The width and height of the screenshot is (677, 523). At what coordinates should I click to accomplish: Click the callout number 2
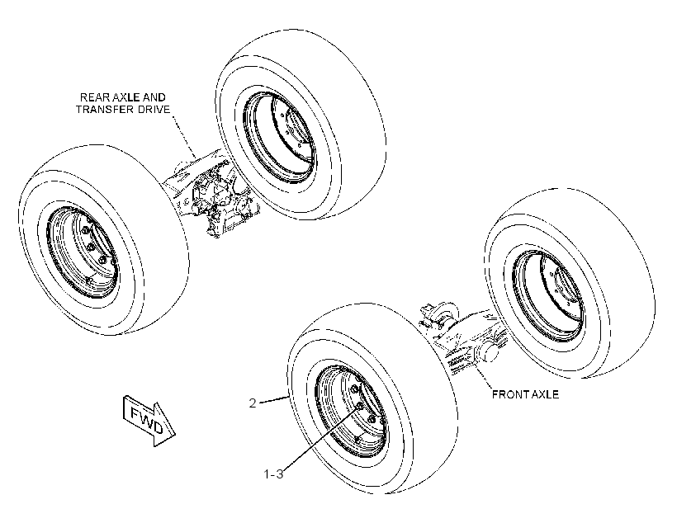[x=253, y=403]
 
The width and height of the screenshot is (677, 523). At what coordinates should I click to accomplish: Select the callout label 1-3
[x=273, y=474]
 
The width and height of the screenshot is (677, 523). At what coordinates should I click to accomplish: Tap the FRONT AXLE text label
[x=525, y=394]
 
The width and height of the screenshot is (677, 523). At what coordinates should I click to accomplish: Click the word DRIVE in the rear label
[x=154, y=110]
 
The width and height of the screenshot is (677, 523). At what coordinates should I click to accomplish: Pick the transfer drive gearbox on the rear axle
[x=220, y=199]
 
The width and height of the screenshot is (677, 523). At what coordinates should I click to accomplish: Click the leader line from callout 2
[x=273, y=399]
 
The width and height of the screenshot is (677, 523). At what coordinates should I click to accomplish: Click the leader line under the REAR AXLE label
[x=184, y=136]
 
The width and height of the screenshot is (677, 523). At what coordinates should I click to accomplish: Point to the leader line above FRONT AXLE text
[x=484, y=376]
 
